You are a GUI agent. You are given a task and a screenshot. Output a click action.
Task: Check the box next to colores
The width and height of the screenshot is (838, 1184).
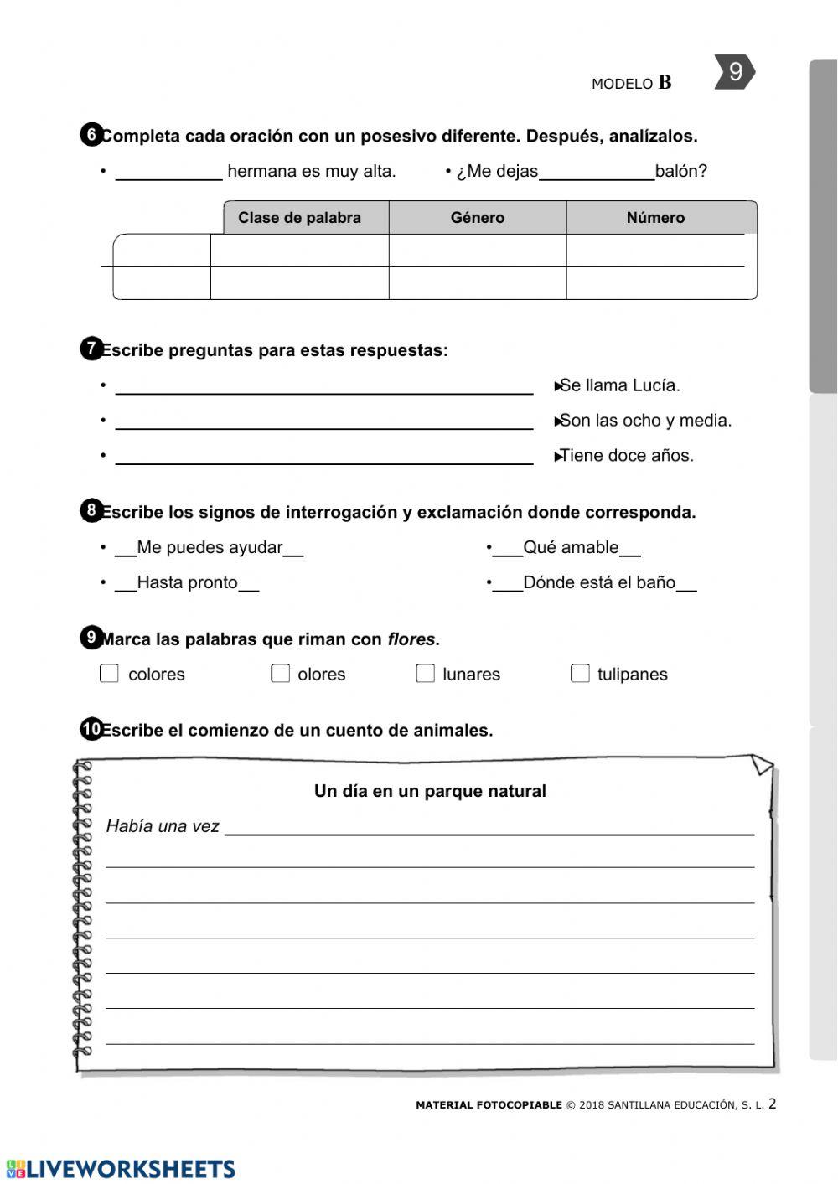point(109,674)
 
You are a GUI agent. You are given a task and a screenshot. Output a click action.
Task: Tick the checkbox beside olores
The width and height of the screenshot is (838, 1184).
point(280,674)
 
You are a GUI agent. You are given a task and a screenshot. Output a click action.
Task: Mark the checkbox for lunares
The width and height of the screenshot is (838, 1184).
point(425,674)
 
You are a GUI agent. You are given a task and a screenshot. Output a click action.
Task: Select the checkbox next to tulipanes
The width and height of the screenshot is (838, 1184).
point(580,674)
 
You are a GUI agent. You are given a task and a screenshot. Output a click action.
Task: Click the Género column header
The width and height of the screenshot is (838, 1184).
point(477,218)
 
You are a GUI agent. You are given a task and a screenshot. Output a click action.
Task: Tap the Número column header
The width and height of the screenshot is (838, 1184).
point(655,218)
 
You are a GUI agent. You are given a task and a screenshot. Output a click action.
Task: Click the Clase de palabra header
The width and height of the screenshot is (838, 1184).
point(299,218)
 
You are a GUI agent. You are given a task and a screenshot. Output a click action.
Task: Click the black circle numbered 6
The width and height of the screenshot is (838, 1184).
point(91,135)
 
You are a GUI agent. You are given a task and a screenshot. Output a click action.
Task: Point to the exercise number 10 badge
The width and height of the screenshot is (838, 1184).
point(91,729)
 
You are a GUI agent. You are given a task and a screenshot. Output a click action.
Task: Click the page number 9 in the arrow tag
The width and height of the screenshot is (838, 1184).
point(734,72)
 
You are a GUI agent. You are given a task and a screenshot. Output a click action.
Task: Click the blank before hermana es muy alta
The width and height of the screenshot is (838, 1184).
point(168,173)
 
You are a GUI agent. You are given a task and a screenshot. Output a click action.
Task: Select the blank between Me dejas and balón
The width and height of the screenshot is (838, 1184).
point(596,173)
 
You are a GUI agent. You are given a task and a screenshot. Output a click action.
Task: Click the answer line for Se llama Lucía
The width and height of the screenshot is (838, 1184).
point(323,386)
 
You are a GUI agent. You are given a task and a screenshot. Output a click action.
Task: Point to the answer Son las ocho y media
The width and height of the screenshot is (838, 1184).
point(644,421)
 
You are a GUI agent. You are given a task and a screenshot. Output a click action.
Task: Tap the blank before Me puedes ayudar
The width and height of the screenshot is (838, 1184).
point(126,550)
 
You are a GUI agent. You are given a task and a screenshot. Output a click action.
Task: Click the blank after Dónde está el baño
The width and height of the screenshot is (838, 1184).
point(686,585)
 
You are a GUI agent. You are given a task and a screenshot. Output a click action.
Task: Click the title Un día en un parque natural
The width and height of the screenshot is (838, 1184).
point(430,791)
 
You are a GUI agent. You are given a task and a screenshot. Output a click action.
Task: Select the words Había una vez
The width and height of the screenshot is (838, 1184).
point(163,826)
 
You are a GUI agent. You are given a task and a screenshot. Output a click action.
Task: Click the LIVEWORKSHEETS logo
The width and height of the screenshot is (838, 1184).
point(122,1169)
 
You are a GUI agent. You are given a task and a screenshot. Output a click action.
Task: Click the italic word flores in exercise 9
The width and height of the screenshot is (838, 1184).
point(411,639)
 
